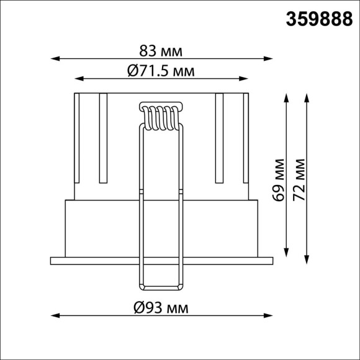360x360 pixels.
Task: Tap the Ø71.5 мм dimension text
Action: point(161,71)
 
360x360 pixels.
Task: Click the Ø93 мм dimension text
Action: point(161,307)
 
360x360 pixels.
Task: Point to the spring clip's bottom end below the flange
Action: point(161,288)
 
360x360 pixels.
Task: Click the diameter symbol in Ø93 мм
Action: point(139,307)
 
